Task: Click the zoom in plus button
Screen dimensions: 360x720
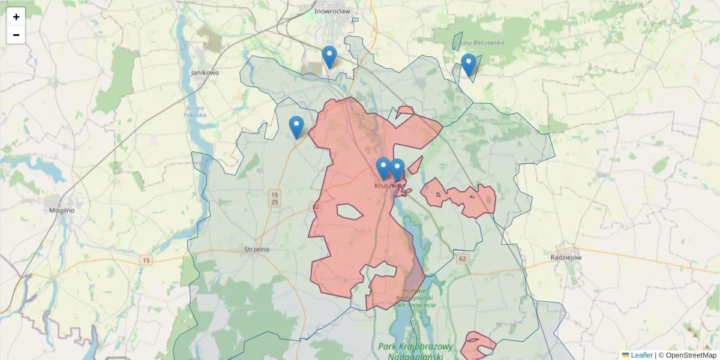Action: pos(16,17)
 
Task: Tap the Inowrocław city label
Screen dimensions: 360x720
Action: pos(332,11)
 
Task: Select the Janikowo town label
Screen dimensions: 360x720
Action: pos(205,73)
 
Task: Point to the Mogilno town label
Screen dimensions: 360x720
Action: pos(62,211)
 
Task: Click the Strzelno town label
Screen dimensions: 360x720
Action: pos(257,249)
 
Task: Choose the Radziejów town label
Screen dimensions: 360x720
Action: pos(566,257)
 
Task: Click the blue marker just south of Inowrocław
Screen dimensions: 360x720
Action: pos(329,58)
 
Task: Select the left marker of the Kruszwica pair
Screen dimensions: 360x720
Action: pos(383,169)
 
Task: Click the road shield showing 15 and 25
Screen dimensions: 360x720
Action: pos(275,198)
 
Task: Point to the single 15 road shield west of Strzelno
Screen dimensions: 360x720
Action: pos(146,260)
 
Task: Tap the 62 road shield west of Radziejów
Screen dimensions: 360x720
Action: pos(461,259)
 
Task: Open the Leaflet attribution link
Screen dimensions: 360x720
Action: pos(641,355)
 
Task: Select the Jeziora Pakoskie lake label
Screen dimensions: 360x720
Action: pos(196,111)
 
